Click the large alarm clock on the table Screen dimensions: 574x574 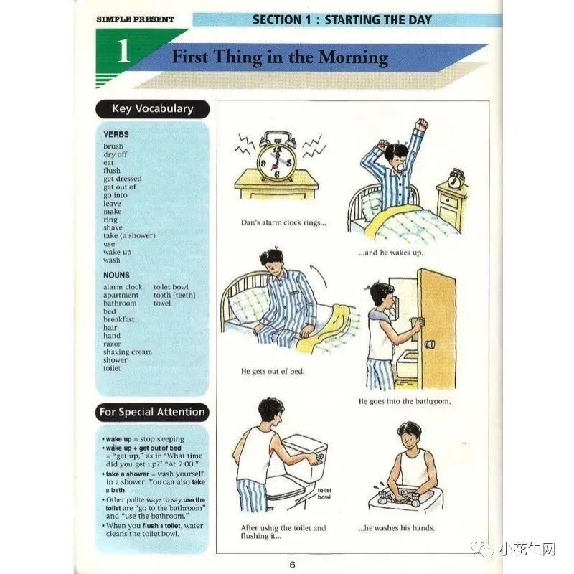pyautogui.click(x=277, y=156)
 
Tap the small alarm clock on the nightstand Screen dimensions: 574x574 pyautogui.click(x=456, y=178)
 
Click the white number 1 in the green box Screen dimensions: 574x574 pyautogui.click(x=123, y=51)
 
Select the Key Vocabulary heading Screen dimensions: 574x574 pyautogui.click(x=153, y=109)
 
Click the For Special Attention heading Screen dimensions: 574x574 pyautogui.click(x=152, y=412)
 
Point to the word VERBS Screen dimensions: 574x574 pyautogui.click(x=116, y=134)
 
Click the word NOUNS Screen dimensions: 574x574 pyautogui.click(x=116, y=275)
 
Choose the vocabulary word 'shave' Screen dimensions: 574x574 pyautogui.click(x=113, y=227)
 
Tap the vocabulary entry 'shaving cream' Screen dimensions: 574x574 pyautogui.click(x=128, y=352)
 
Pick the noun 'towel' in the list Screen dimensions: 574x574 pyautogui.click(x=162, y=303)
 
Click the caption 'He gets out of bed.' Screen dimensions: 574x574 pyautogui.click(x=273, y=371)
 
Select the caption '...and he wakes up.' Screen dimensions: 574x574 pyautogui.click(x=391, y=253)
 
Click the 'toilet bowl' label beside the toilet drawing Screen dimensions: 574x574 pyautogui.click(x=324, y=494)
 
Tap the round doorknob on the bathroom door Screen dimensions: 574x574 pyautogui.click(x=429, y=344)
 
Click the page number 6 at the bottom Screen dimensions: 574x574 pyautogui.click(x=292, y=564)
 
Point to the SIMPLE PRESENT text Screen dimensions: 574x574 pyautogui.click(x=135, y=19)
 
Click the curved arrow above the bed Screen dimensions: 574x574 pyautogui.click(x=319, y=276)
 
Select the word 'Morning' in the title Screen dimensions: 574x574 pyautogui.click(x=353, y=57)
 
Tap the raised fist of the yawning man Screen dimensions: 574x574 pyautogui.click(x=422, y=124)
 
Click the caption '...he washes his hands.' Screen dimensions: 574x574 pyautogui.click(x=397, y=528)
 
